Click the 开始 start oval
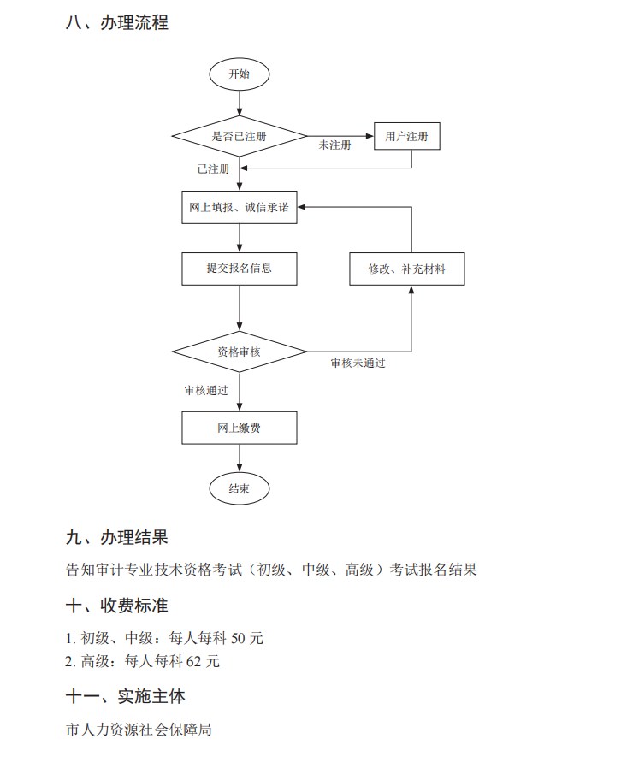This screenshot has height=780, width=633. (239, 74)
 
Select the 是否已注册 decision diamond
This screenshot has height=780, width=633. (239, 136)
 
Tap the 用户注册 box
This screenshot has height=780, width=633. (406, 136)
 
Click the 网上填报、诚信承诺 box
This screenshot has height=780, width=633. (239, 207)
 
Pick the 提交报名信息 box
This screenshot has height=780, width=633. (239, 268)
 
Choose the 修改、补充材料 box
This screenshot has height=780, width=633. (406, 269)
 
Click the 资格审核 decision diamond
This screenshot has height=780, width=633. (239, 352)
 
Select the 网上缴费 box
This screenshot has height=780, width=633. (239, 428)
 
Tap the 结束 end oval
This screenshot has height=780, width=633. (239, 489)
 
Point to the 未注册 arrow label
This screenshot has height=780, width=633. (334, 145)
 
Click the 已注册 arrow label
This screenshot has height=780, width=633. (213, 169)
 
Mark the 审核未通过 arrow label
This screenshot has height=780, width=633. (358, 363)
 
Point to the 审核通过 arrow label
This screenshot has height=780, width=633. (206, 390)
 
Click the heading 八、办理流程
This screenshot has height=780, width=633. (116, 23)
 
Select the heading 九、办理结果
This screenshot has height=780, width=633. (116, 537)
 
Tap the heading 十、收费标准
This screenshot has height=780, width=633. (116, 606)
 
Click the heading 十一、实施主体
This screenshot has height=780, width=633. (125, 696)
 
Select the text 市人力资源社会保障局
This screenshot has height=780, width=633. (139, 730)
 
